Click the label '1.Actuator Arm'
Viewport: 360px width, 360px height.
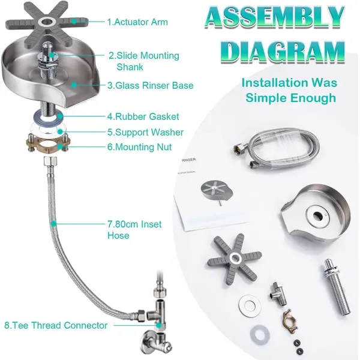pyautogui.click(x=137, y=22)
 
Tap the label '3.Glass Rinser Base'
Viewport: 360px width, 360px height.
pyautogui.click(x=151, y=85)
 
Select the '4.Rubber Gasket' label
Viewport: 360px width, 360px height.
pyautogui.click(x=143, y=116)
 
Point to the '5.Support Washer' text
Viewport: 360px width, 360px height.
pyautogui.click(x=146, y=132)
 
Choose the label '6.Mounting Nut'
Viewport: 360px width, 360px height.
pyautogui.click(x=139, y=147)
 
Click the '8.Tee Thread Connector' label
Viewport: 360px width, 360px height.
pyautogui.click(x=56, y=325)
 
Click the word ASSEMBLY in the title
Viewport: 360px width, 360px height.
pyautogui.click(x=275, y=17)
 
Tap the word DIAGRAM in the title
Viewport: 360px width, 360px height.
pyautogui.click(x=283, y=52)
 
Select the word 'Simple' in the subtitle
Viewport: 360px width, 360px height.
pyautogui.click(x=265, y=98)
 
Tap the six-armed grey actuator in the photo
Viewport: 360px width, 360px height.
pyautogui.click(x=235, y=259)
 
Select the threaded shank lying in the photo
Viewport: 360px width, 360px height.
pyautogui.click(x=337, y=287)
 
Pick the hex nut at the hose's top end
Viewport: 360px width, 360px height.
pyautogui.click(x=50, y=161)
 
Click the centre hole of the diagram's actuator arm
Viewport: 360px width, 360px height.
pyautogui.click(x=47, y=22)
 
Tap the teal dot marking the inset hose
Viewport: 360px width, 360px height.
pyautogui.click(x=53, y=223)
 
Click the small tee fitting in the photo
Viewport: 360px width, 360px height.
pyautogui.click(x=278, y=293)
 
